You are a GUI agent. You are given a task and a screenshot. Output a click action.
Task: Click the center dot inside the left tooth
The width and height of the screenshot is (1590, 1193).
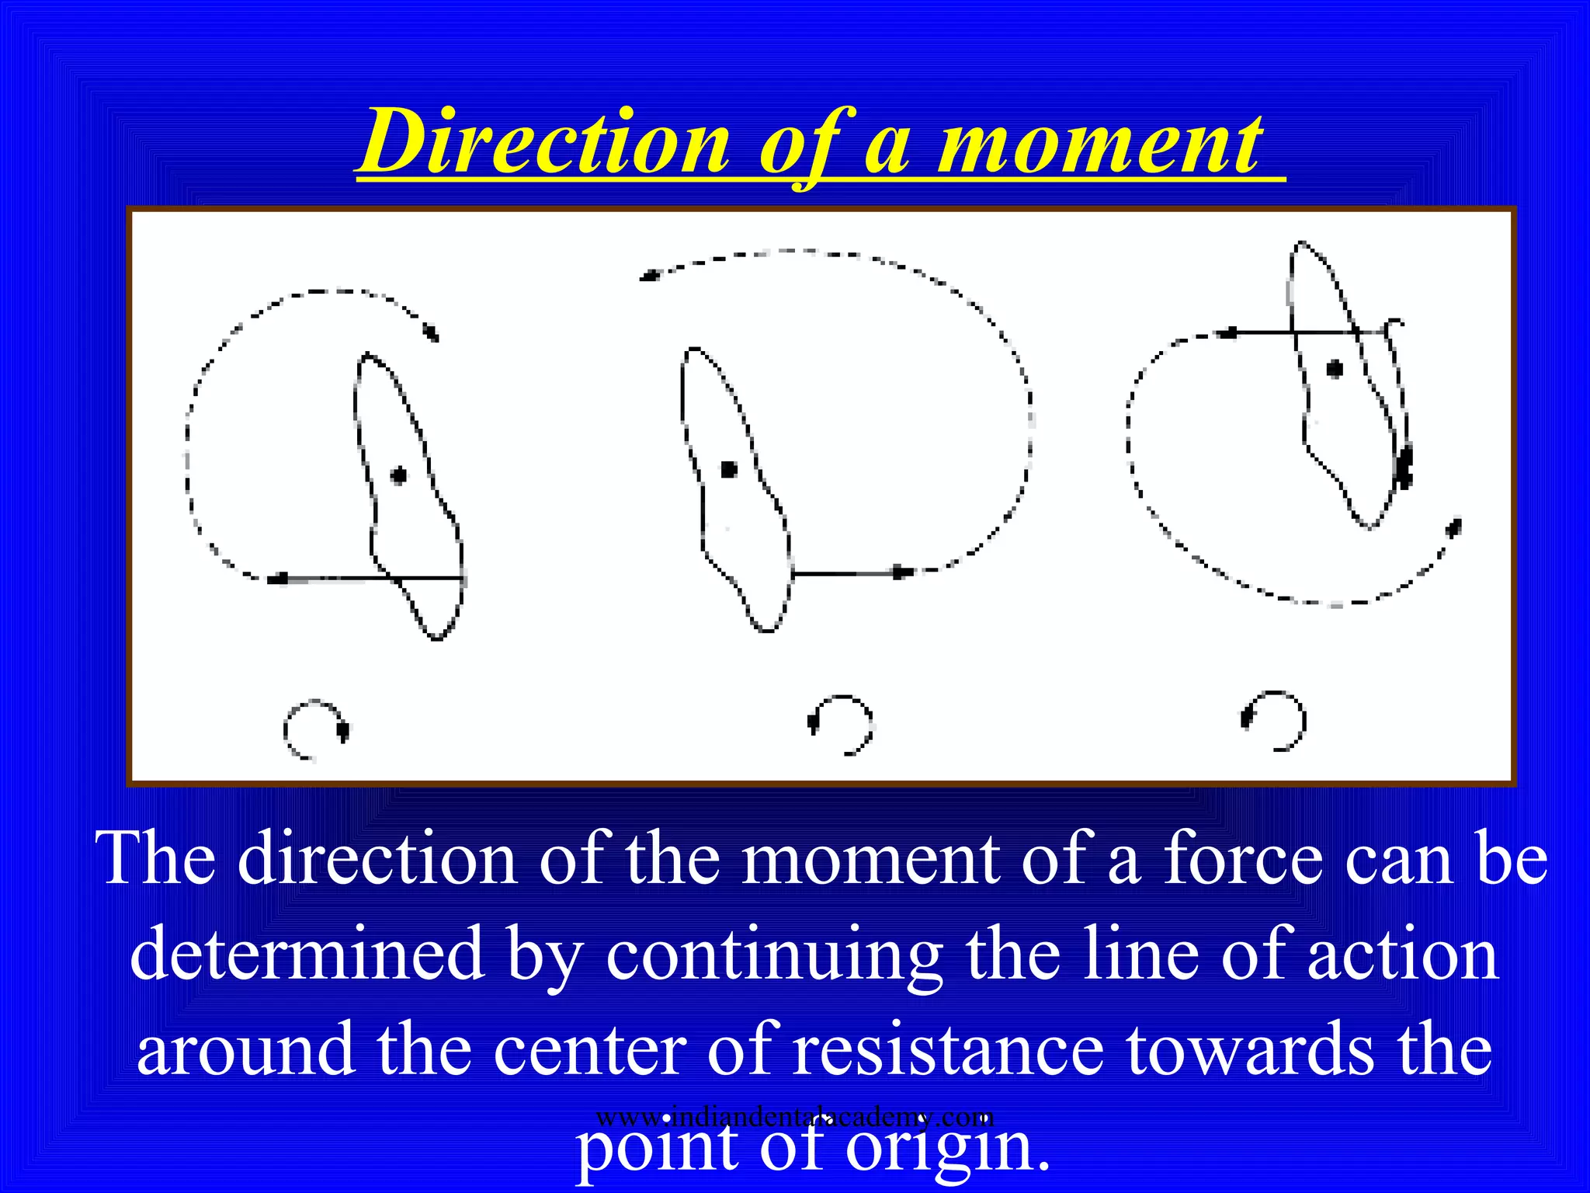[x=399, y=475]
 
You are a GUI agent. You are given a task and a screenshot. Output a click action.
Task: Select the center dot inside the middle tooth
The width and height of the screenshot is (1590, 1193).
[x=728, y=469]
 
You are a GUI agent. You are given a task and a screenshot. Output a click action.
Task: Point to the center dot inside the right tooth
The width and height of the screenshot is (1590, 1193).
[x=1335, y=368]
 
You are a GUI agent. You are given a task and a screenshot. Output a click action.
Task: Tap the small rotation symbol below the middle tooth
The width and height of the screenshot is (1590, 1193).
[x=842, y=724]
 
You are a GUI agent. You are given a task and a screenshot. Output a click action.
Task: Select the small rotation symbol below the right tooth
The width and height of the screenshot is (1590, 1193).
[x=1274, y=719]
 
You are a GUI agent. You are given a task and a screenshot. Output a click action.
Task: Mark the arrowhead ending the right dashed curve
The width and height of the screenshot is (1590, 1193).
[x=1453, y=528]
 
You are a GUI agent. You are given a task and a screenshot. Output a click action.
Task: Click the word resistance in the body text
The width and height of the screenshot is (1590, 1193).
[x=948, y=1049]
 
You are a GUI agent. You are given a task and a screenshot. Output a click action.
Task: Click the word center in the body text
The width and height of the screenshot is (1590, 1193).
[x=590, y=1049]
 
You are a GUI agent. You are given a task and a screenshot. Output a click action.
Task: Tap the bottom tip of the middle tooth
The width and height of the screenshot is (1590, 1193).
[x=767, y=630]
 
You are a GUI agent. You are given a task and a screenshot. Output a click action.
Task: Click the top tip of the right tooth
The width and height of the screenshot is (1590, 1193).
[x=1301, y=244]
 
